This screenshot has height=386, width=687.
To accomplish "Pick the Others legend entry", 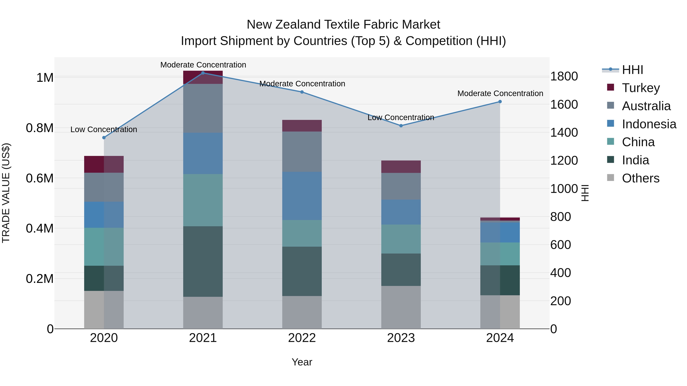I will pos(640,178).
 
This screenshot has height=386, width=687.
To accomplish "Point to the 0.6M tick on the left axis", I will pos(40,178).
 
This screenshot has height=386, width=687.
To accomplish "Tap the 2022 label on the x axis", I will pos(302,338).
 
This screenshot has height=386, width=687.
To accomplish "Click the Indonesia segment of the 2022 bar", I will pos(302,196).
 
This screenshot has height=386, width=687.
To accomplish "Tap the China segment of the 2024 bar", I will pos(500,254).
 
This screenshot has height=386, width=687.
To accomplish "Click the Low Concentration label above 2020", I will pos(104,129).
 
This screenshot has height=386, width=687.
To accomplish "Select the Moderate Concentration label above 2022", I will pos(302,84).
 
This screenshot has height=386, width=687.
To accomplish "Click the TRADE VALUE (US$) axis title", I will pos(6,193).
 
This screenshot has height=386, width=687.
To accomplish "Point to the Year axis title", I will pos(302,362).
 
